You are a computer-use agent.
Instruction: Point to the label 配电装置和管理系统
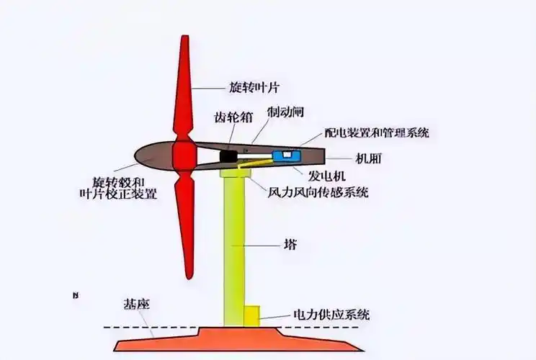[x=377, y=132]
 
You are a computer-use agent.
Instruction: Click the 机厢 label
[x=367, y=159]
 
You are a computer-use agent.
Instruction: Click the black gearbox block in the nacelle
[x=230, y=155]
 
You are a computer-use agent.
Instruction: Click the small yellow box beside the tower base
[x=252, y=315]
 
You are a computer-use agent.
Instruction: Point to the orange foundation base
[x=238, y=338]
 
